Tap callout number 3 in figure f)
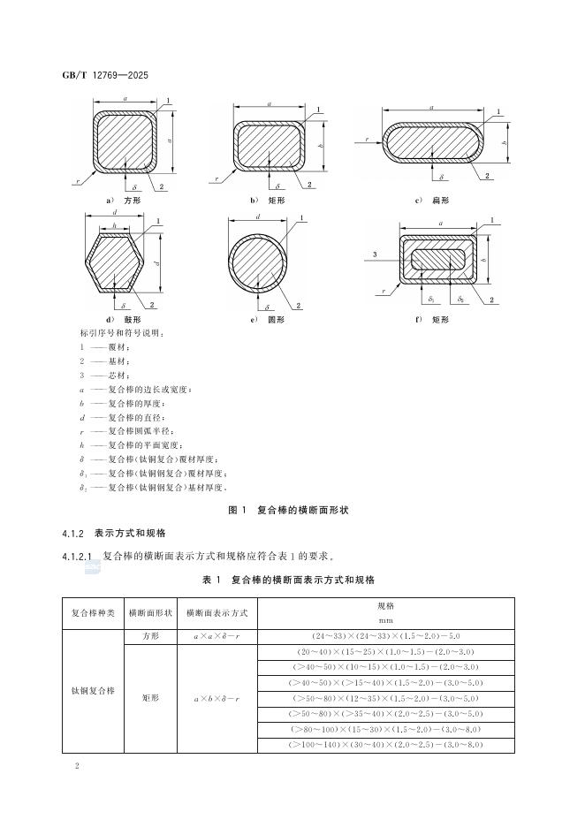376,254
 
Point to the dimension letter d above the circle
257,217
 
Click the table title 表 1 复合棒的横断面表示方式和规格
289,580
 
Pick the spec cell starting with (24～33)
386,636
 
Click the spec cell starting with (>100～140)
386,745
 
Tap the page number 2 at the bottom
79,766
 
